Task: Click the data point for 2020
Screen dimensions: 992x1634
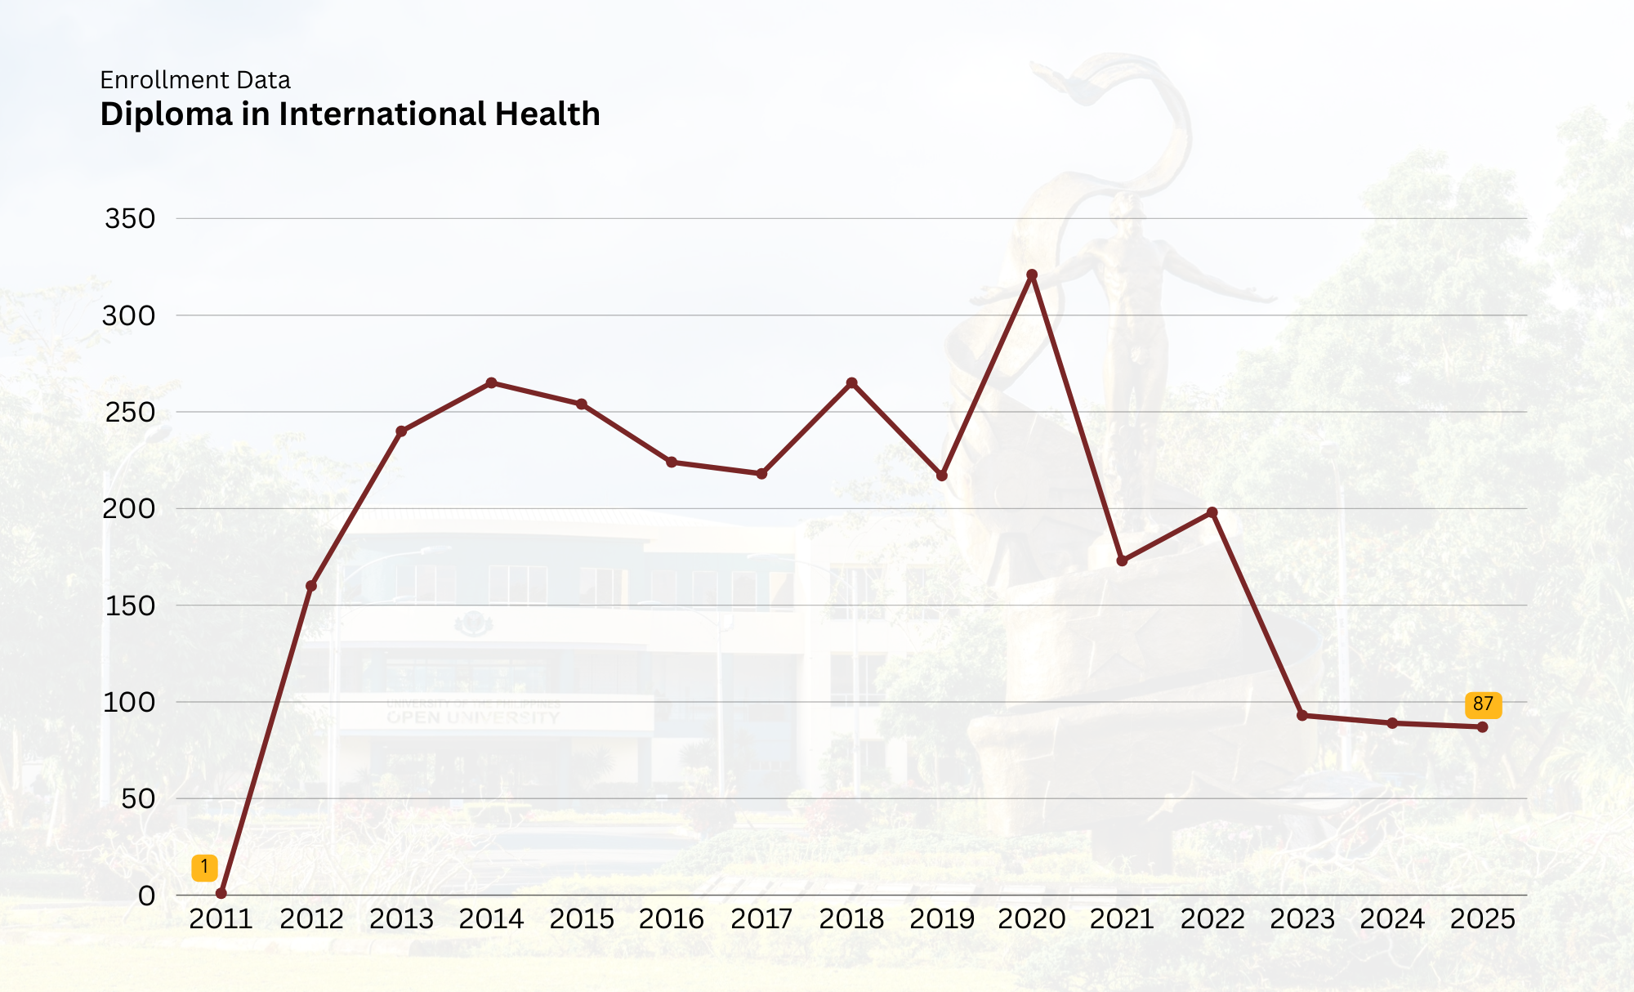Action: [1032, 275]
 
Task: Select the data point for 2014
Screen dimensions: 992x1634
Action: [491, 383]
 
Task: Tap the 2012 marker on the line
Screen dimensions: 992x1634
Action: [311, 586]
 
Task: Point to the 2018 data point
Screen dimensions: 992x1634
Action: [851, 383]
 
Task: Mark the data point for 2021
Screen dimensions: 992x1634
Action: [1122, 561]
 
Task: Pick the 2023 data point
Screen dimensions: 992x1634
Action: [1302, 716]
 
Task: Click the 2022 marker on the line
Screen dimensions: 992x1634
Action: [1212, 512]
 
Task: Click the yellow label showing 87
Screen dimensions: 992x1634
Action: [1483, 704]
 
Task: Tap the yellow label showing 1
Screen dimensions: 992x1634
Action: [204, 867]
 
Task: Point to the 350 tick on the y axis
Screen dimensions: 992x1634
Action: [130, 219]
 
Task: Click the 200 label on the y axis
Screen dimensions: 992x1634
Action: [128, 509]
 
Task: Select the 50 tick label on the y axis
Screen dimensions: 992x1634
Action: [138, 799]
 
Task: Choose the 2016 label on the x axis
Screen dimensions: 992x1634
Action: [672, 919]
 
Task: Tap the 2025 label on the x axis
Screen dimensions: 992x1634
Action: [1482, 919]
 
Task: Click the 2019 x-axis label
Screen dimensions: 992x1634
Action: [942, 919]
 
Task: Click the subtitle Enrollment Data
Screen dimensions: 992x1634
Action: [195, 80]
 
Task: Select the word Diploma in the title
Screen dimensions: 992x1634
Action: [167, 114]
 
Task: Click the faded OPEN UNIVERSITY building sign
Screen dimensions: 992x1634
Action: [473, 717]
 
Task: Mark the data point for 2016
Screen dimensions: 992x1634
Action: [672, 462]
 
